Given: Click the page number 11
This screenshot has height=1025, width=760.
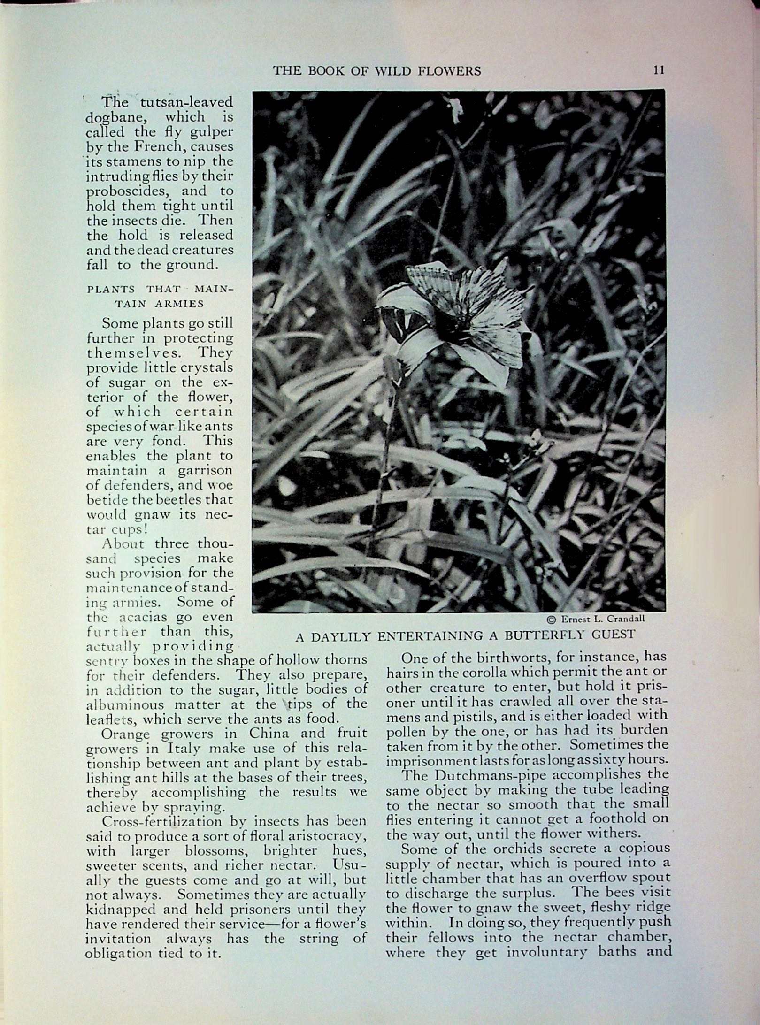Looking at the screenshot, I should (x=659, y=70).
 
